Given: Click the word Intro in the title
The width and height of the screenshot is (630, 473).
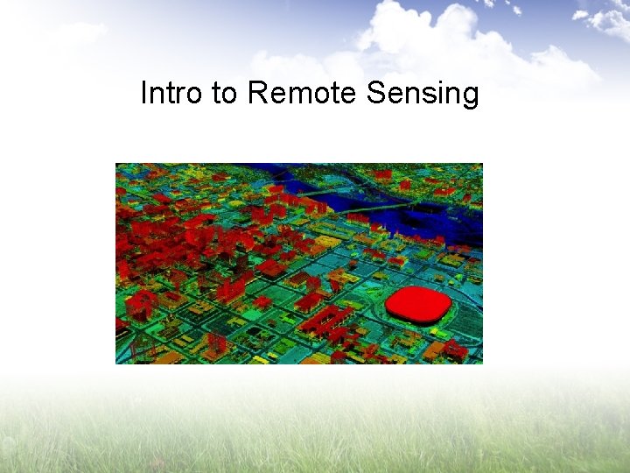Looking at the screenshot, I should coord(172,93).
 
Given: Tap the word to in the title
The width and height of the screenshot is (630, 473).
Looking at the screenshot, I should coord(225,93).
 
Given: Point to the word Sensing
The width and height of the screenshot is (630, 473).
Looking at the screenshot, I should coord(423,94).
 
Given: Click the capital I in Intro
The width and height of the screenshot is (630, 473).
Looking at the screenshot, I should coord(144,93).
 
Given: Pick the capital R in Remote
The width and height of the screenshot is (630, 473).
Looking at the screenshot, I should coord(256,93).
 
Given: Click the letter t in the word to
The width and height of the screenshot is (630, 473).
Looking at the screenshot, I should coord(215,93).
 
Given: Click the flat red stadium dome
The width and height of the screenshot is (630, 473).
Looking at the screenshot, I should coord(417,303).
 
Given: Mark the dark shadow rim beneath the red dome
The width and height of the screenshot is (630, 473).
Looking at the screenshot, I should coord(418,321).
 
